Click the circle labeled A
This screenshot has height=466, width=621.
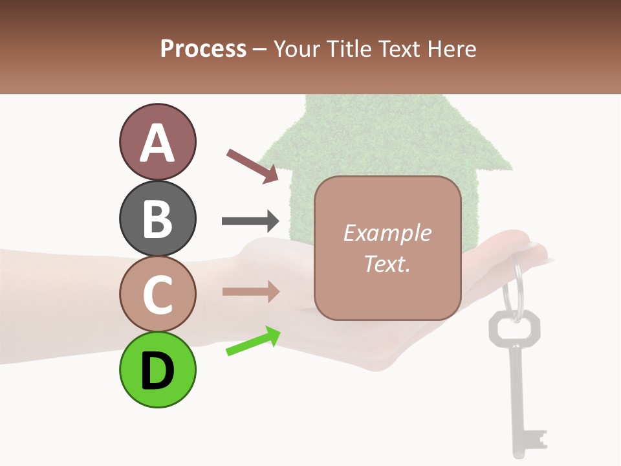click(x=157, y=142)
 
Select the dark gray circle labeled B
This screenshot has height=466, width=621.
click(x=157, y=218)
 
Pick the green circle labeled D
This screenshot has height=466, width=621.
click(x=157, y=370)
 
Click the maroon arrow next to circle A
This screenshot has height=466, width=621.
click(x=252, y=165)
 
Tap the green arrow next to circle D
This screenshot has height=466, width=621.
click(x=252, y=341)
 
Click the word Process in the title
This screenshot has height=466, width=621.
click(x=203, y=49)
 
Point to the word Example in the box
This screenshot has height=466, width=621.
click(x=387, y=233)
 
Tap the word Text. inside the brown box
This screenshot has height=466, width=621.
click(x=387, y=263)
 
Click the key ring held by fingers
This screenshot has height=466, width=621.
click(x=515, y=285)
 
